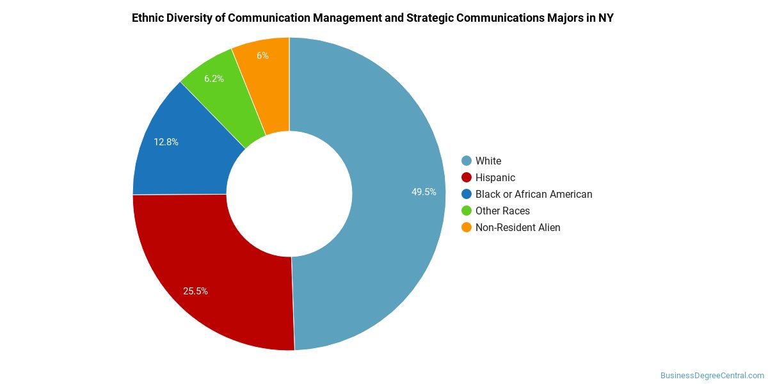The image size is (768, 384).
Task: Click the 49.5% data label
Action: [x=424, y=191]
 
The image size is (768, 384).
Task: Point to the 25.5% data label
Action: [x=195, y=291]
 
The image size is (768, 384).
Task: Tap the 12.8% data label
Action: [x=166, y=142]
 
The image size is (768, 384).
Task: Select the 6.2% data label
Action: [x=214, y=79]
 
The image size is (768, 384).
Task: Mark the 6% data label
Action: [x=262, y=56]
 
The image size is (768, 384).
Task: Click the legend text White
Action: [x=488, y=161]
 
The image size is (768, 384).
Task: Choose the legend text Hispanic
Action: [x=495, y=177]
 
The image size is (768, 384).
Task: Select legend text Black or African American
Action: [x=534, y=194]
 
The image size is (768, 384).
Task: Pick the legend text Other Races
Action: [x=502, y=211]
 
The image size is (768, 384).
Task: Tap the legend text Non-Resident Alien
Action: [x=518, y=227]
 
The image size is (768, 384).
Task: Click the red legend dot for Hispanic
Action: [x=467, y=177]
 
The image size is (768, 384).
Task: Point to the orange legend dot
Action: [x=467, y=227]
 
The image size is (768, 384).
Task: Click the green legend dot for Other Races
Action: [x=467, y=211]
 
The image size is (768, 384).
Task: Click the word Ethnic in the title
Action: [x=148, y=18]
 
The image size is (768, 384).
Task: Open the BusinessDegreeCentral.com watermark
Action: [x=712, y=375]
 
